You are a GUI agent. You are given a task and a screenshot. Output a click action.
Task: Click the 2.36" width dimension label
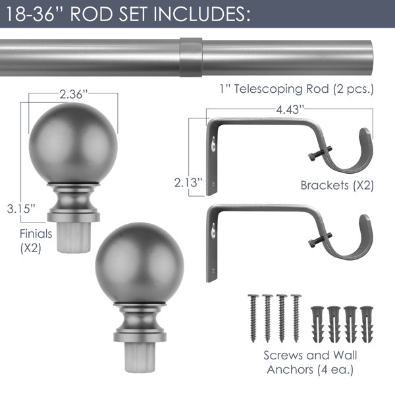point(73,94)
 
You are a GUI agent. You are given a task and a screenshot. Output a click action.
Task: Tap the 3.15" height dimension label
point(21,209)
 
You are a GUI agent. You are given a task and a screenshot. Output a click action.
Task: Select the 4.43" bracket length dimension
point(290,109)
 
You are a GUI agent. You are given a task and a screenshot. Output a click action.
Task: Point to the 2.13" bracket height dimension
point(188,182)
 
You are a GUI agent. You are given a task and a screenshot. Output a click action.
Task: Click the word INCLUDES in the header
point(202,14)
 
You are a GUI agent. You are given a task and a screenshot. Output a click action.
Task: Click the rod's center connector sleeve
point(191,57)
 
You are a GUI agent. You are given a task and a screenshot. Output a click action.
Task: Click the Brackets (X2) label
point(337,186)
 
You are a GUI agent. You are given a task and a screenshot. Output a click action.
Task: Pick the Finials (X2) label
point(36,241)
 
